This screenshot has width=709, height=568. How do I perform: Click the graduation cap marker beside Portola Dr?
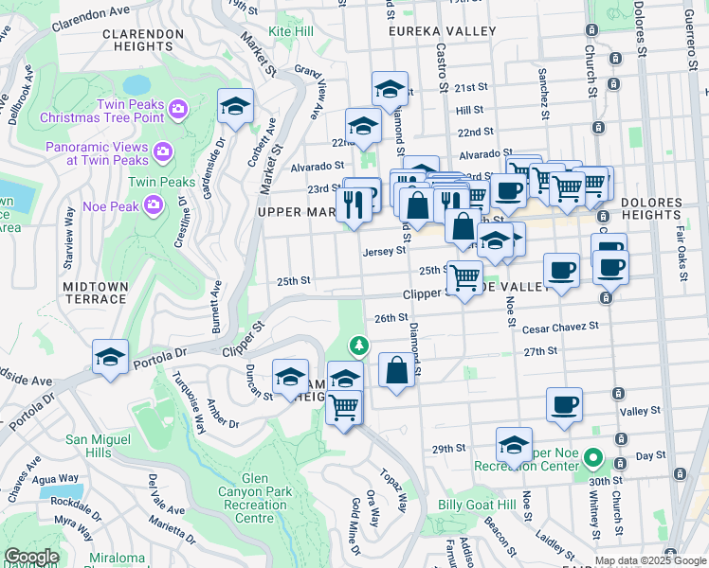coord(111,358)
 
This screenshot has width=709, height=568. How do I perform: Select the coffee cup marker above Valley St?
coord(564,404)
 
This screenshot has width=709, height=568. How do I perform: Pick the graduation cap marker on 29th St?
coord(514,444)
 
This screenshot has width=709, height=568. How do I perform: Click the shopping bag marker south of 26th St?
coord(397,370)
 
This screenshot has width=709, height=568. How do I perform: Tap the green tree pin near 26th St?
coord(357,345)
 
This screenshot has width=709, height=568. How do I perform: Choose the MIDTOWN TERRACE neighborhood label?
coord(95,293)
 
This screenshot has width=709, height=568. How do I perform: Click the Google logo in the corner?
coord(31,557)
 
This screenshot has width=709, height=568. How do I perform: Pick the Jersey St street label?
coord(384,251)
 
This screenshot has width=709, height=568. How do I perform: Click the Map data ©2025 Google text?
coord(649,560)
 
